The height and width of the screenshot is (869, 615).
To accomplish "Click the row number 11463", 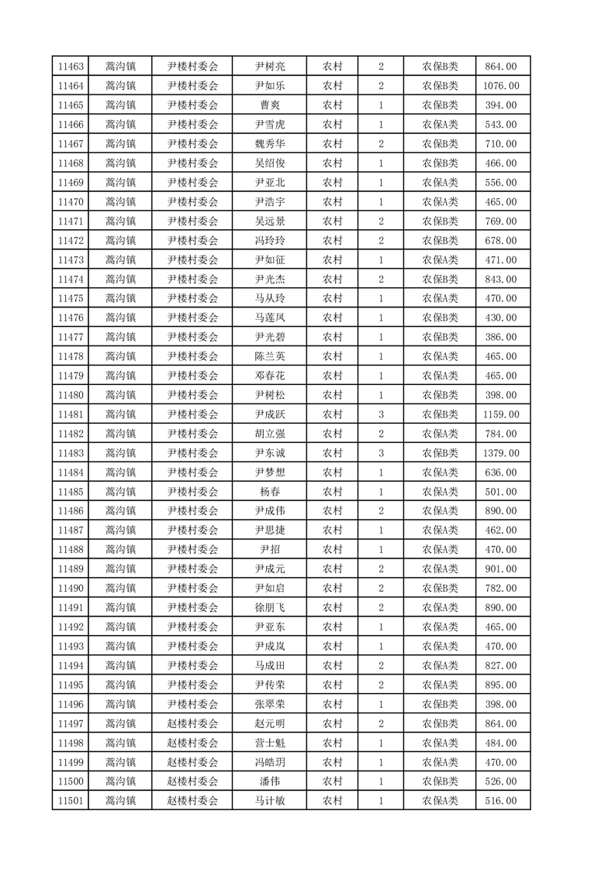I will click(x=71, y=67).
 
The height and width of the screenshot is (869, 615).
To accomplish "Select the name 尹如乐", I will click(x=269, y=86).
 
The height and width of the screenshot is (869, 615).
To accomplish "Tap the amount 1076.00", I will click(x=500, y=86).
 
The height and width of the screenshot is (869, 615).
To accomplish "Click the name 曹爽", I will click(x=269, y=105).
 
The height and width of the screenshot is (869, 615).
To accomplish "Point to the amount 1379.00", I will click(x=500, y=453).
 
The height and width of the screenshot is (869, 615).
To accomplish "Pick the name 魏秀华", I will click(x=269, y=144).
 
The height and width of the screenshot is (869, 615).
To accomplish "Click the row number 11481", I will click(x=71, y=414).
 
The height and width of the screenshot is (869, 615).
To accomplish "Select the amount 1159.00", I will click(x=500, y=414).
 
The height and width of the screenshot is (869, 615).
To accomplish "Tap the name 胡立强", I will click(x=269, y=434).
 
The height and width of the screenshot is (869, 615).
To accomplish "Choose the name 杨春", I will click(x=269, y=492).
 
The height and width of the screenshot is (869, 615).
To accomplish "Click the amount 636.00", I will click(x=500, y=472).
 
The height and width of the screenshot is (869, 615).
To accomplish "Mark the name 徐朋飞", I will click(x=269, y=607).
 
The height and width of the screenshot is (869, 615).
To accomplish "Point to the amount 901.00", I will click(x=500, y=569).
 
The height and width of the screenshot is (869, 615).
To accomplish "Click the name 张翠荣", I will click(x=269, y=704).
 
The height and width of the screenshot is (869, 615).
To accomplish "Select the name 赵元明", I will click(x=269, y=723).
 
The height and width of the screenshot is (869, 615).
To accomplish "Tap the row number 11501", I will click(x=71, y=801).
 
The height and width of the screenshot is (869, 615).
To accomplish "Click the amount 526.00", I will click(x=500, y=781).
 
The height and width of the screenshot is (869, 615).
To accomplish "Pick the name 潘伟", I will click(x=269, y=781).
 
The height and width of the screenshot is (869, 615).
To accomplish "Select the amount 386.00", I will click(x=500, y=337).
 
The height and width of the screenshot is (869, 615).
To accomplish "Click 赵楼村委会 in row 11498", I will click(x=193, y=743).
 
